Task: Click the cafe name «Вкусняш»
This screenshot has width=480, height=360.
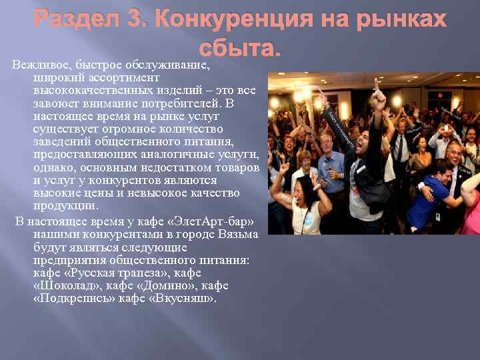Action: coord(184,298)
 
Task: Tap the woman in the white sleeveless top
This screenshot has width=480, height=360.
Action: coord(307,207)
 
